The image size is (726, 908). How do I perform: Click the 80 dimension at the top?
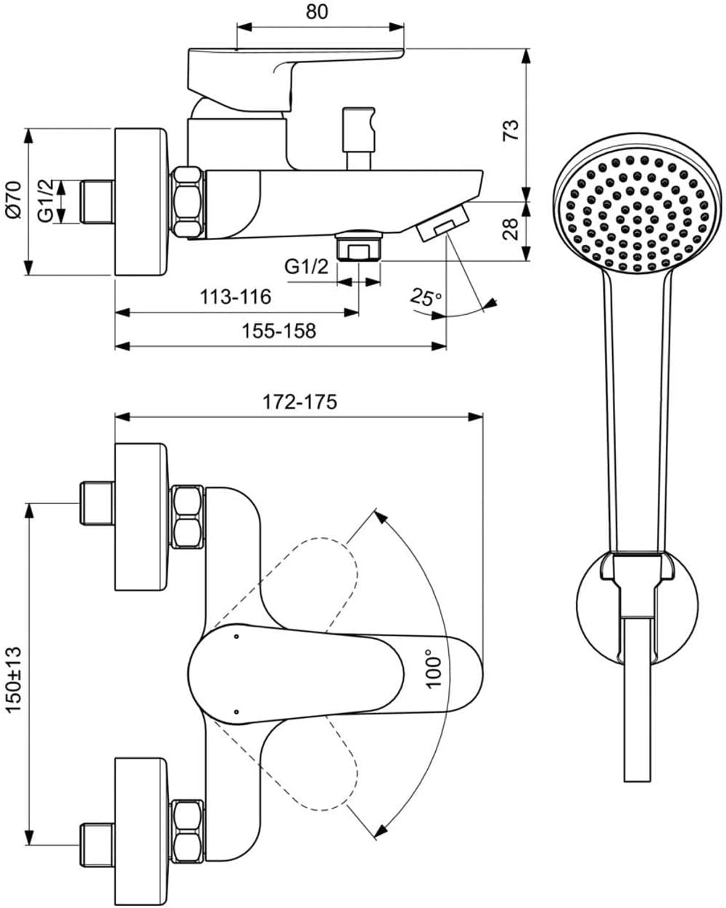click(x=316, y=12)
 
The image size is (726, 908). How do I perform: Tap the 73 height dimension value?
click(x=511, y=131)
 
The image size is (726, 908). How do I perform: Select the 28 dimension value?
click(x=511, y=228)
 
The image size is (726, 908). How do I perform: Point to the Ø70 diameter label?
click(x=13, y=200)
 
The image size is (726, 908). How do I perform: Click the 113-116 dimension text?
click(x=235, y=297)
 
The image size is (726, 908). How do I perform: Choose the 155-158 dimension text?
click(x=279, y=331)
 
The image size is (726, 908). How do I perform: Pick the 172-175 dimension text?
click(x=300, y=402)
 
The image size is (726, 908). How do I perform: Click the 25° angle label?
click(x=426, y=297)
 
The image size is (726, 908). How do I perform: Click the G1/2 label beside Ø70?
click(x=46, y=200)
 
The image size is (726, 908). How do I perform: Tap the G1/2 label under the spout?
click(x=306, y=267)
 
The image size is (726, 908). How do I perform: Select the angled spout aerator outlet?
click(x=442, y=222)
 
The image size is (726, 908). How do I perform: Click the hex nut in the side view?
click(x=188, y=202)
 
